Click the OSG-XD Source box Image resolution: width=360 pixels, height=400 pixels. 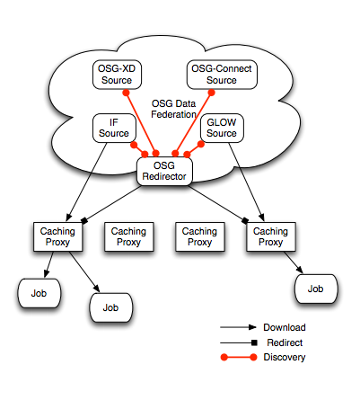tap(117, 75)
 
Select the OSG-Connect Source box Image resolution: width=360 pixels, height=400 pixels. tap(222, 75)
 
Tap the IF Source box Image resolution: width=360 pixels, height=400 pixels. tap(114, 128)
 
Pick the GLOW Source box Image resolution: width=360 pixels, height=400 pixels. tap(222, 128)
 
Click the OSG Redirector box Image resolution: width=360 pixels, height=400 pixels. tap(164, 172)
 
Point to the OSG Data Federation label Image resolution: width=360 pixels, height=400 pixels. tap(173, 109)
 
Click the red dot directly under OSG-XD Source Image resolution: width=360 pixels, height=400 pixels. tap(126, 93)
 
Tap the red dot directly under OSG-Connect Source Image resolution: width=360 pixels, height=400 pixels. tap(211, 93)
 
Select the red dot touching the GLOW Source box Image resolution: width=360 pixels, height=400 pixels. tap(201, 144)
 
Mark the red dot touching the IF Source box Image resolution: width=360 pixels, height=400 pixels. tap(134, 145)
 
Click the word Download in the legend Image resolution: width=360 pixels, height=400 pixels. tap(285, 327)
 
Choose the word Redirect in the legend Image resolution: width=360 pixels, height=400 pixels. tap(285, 342)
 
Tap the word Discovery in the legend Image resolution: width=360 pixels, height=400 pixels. tap(285, 357)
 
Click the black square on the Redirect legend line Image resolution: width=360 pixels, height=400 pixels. tap(254, 342)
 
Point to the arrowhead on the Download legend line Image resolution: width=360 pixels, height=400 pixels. tap(252, 327)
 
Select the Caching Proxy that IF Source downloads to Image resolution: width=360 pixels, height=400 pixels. tap(57, 236)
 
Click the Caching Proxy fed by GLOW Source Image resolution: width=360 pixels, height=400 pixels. tap(271, 236)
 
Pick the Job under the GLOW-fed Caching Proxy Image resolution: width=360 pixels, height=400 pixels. tap(316, 289)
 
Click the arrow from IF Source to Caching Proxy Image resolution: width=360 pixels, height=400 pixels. tap(87, 182)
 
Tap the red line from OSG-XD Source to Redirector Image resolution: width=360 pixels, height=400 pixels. tap(141, 123)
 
